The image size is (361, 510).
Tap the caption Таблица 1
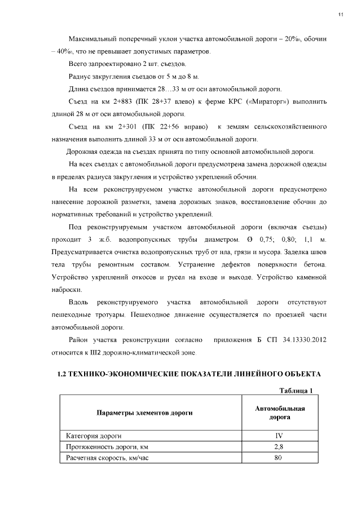click(x=296, y=391)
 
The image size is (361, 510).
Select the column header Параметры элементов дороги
click(x=144, y=413)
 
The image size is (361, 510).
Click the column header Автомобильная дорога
click(x=280, y=413)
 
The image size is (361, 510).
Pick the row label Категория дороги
click(x=93, y=436)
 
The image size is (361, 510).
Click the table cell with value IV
click(x=279, y=436)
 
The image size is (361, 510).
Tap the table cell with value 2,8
click(x=279, y=447)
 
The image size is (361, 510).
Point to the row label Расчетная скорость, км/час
click(x=107, y=458)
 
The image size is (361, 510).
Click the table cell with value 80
click(x=279, y=458)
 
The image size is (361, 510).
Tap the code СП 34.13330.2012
click(x=296, y=341)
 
